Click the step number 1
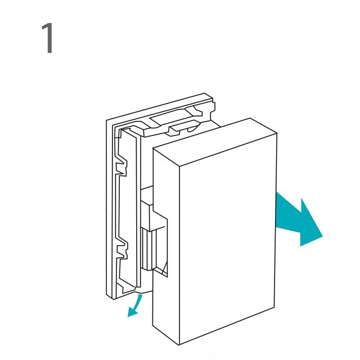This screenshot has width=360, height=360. (48, 38)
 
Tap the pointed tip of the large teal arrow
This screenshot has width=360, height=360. (323, 236)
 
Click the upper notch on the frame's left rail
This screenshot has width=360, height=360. (121, 165)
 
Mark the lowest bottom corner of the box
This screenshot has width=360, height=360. (179, 344)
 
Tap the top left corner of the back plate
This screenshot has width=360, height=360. (106, 120)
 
